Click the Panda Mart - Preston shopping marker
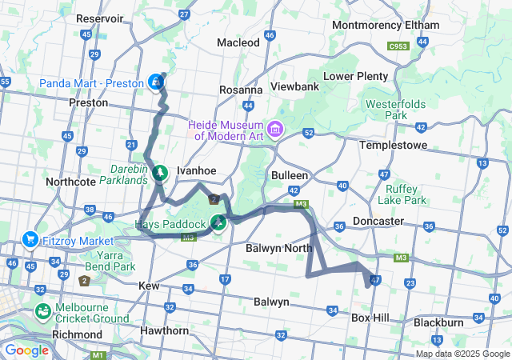coord(156,82)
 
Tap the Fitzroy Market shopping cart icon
coord(30,238)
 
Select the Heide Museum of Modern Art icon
coord(276,128)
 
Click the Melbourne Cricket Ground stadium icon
coord(42,310)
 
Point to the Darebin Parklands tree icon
coord(160,171)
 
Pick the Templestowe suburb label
coord(393,145)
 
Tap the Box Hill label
coord(370,318)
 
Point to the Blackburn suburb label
coord(438,322)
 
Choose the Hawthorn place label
coord(163,329)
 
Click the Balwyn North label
coord(278,248)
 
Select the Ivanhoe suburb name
coord(196,170)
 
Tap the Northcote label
coord(71,182)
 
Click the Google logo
coord(26,350)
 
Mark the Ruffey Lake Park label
coord(401,194)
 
